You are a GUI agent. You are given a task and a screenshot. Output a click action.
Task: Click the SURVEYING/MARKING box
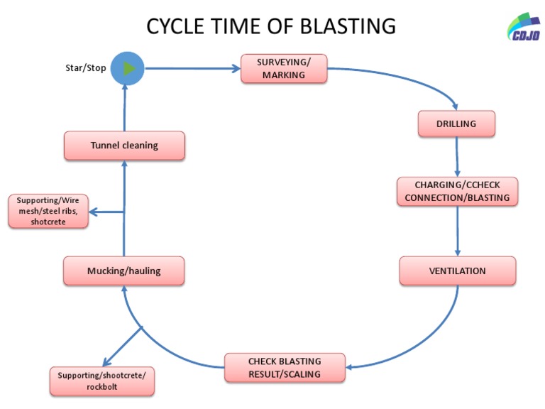(x=284, y=69)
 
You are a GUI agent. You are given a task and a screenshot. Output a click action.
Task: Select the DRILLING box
(x=456, y=124)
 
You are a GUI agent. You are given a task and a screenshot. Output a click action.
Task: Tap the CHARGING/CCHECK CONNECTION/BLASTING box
(x=457, y=191)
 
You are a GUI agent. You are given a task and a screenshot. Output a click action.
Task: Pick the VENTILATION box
(x=457, y=271)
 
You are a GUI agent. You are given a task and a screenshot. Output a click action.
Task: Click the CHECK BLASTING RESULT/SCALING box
(x=285, y=368)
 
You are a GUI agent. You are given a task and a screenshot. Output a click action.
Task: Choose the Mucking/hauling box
(x=124, y=271)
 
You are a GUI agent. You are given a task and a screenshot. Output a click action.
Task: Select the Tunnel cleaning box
(x=124, y=146)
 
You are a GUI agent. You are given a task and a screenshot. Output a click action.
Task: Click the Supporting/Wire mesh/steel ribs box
(x=49, y=211)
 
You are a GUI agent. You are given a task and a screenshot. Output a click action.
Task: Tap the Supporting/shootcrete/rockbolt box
(x=101, y=381)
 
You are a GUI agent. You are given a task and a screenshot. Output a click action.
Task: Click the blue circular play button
(x=128, y=69)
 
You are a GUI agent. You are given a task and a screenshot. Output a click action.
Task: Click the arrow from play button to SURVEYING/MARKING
(x=192, y=69)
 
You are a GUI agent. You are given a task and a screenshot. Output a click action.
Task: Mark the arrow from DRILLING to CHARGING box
(x=457, y=156)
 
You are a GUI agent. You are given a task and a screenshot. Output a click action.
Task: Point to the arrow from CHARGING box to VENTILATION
(x=457, y=231)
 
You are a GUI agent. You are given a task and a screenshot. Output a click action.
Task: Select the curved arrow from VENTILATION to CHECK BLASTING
(x=426, y=341)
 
